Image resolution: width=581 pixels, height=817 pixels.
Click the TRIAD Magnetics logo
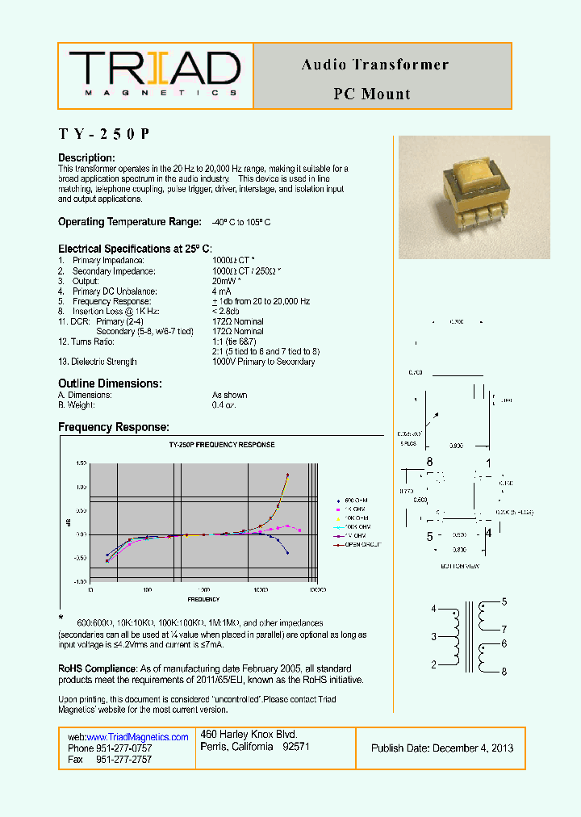point(155,74)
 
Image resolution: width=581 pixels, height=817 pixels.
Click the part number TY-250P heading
point(104,134)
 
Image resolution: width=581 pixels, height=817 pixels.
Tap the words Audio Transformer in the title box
point(374,65)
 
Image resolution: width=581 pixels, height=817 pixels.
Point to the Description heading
point(86,157)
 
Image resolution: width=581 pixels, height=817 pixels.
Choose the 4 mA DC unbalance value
point(221,291)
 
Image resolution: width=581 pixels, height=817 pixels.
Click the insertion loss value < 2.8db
point(227,311)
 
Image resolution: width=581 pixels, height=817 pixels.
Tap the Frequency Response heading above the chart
point(114,427)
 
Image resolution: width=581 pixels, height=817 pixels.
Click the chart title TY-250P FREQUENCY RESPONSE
point(221,445)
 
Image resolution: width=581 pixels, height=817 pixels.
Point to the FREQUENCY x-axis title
point(203,599)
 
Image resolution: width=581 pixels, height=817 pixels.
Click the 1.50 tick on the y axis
point(81,463)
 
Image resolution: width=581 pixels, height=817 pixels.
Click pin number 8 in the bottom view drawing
point(430,462)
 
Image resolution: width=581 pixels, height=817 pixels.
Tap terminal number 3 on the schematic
point(433,637)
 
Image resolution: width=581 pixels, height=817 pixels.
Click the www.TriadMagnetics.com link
point(137,737)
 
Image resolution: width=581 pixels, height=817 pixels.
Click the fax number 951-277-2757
point(123,760)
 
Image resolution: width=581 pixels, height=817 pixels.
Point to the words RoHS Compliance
point(97,668)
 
